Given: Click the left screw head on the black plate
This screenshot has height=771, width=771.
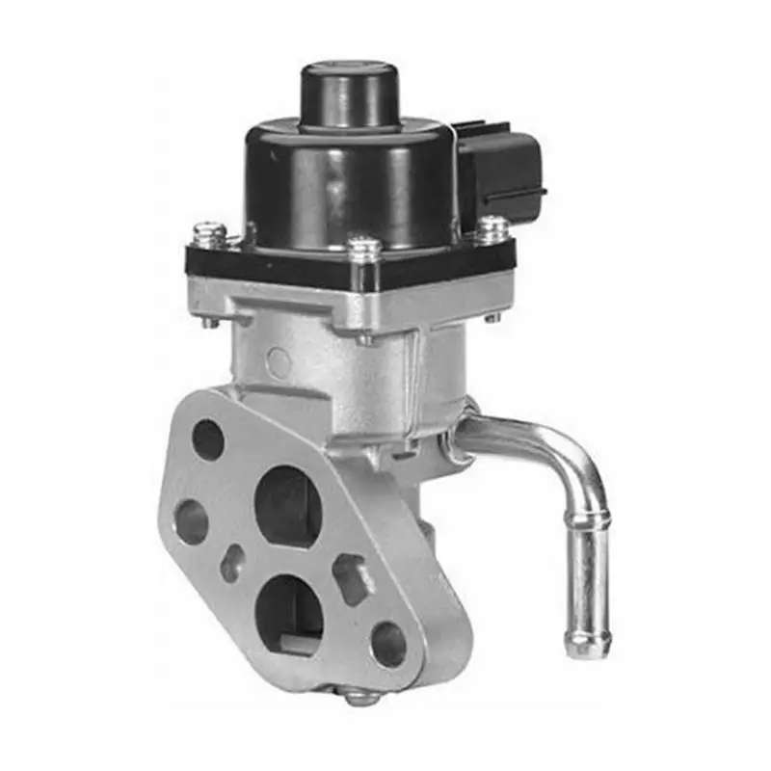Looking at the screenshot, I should pyautogui.click(x=209, y=234).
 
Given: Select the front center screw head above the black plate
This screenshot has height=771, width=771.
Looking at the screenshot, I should pyautogui.click(x=364, y=249).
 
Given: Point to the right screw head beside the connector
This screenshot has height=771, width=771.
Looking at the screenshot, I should pyautogui.click(x=492, y=228).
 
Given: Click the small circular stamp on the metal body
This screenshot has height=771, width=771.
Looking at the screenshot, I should pyautogui.click(x=279, y=362).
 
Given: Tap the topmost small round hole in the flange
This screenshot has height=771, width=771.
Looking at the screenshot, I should pyautogui.click(x=208, y=439).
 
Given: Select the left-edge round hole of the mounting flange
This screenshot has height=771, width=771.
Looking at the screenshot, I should pyautogui.click(x=191, y=521).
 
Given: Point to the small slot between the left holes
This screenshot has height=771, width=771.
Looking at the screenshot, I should pyautogui.click(x=232, y=563).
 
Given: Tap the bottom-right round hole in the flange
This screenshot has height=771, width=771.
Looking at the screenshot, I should pyautogui.click(x=388, y=643).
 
